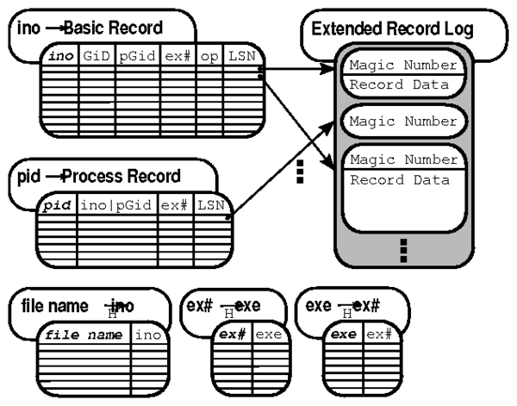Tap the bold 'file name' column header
[x=84, y=334]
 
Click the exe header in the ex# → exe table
[x=268, y=334]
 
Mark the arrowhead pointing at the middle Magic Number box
[x=332, y=124]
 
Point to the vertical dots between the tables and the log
[x=301, y=172]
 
